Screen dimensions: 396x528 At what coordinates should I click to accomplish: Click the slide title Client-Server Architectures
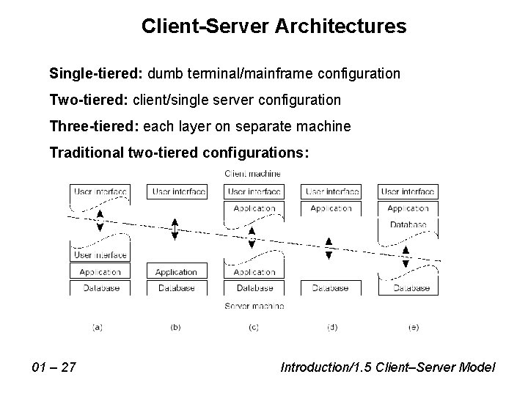pos(274,27)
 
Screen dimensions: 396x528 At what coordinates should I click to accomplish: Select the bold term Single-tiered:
pos(97,74)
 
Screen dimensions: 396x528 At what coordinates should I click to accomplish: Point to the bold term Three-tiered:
pos(94,126)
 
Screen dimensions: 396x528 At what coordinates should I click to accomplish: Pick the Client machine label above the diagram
pos(253,174)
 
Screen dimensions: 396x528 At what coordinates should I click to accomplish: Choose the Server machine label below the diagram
pos(254,305)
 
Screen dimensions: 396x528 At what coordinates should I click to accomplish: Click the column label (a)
pos(98,328)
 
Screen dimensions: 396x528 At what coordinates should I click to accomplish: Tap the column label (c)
pos(253,328)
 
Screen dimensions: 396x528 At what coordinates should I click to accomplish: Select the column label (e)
pos(413,328)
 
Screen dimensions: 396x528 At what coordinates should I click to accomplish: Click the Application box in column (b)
pos(176,272)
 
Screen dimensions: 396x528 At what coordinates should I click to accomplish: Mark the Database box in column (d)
pos(330,288)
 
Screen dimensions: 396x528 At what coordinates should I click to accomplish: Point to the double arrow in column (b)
pos(175,229)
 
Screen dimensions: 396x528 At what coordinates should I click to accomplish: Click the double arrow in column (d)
pos(329,249)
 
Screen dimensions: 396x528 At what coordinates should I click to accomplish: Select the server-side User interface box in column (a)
pos(100,255)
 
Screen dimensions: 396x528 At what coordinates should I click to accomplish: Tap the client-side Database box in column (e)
pos(408,224)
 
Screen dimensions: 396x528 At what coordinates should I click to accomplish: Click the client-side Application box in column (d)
pos(330,208)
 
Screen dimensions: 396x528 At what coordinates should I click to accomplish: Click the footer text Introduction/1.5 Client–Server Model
pos(388,366)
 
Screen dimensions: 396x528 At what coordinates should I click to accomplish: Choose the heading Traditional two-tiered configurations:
pos(180,153)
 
